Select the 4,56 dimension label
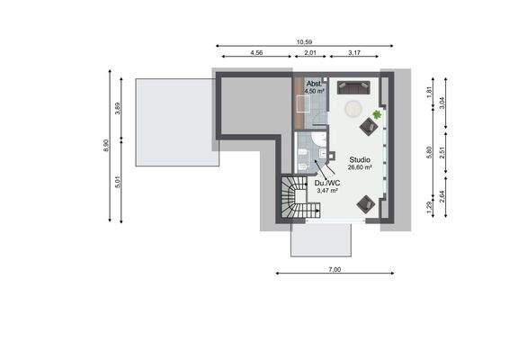pos(256,53)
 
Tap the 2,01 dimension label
pos(310,53)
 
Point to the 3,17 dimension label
pos(354,53)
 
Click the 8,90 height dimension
pos(107,146)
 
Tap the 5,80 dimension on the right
pos(429,152)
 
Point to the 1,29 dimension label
pos(429,209)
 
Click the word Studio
pos(360,158)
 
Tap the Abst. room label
pos(313,84)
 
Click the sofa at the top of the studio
pos(352,87)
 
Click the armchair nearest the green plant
pos(369,127)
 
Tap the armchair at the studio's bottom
pos(367,203)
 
